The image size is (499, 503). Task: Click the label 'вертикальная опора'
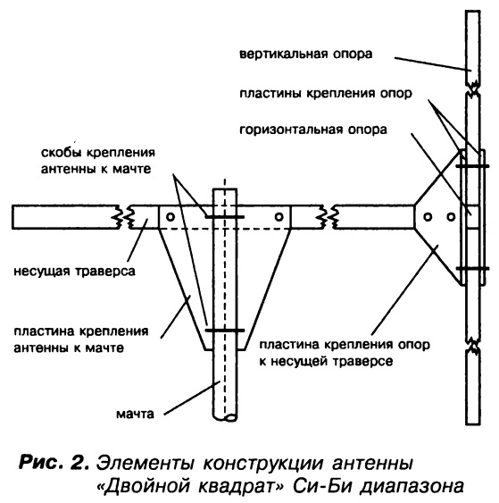(306, 54)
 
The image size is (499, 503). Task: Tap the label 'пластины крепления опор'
(326, 93)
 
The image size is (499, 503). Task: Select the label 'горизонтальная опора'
(313, 130)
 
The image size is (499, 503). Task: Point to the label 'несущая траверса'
(74, 272)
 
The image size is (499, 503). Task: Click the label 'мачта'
(135, 414)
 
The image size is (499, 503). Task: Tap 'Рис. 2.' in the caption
(54, 463)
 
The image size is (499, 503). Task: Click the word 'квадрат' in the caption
(238, 486)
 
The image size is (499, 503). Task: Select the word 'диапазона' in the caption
(412, 487)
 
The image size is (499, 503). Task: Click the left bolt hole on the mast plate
(170, 217)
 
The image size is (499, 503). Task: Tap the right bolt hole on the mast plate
(279, 217)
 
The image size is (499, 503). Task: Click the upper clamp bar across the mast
(225, 217)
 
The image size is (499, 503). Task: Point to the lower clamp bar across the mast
(225, 331)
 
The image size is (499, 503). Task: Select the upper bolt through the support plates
(472, 166)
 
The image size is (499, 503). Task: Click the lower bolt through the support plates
(472, 268)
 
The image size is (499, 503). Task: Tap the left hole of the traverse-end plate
(428, 217)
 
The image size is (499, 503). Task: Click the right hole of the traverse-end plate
(451, 217)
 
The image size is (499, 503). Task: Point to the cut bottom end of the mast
(225, 417)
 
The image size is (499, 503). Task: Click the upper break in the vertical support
(473, 88)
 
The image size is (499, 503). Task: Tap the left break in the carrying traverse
(123, 217)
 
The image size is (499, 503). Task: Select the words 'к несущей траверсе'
(326, 362)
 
